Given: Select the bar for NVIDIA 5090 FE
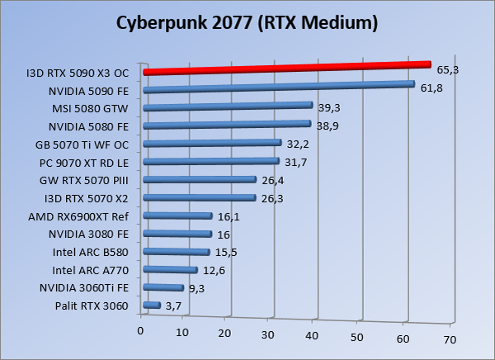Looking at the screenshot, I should [x=278, y=88].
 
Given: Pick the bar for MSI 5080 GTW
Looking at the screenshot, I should [x=228, y=106].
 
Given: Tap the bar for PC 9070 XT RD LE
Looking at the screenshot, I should [x=211, y=162].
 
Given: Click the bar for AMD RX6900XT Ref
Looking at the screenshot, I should [x=177, y=216].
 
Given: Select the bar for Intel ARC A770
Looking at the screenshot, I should [x=170, y=270].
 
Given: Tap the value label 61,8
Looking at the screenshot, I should [x=431, y=88].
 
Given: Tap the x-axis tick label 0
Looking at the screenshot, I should [x=141, y=331].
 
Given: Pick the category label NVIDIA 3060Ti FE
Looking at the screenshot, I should [x=84, y=288].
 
